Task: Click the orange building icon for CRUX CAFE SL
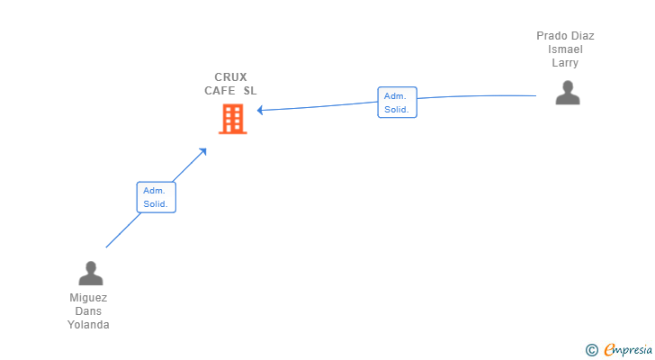[x=233, y=119]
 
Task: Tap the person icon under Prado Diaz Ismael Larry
[x=568, y=93]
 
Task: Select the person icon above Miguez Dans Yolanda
[x=91, y=274]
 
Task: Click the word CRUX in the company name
[x=230, y=77]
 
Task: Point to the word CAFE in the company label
[x=220, y=91]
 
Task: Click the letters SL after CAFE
[x=250, y=91]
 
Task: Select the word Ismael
[x=565, y=49]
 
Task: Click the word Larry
[x=565, y=63]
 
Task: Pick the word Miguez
[x=88, y=298]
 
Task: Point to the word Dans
[x=88, y=311]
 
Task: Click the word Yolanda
[x=88, y=325]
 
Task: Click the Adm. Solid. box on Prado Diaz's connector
[x=398, y=103]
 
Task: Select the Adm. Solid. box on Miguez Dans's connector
[x=157, y=197]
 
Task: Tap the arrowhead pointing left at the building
[x=260, y=111]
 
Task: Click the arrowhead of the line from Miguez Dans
[x=203, y=152]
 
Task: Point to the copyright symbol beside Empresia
[x=591, y=350]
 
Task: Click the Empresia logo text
[x=628, y=350]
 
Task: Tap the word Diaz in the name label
[x=584, y=36]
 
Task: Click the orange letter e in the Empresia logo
[x=610, y=349]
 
